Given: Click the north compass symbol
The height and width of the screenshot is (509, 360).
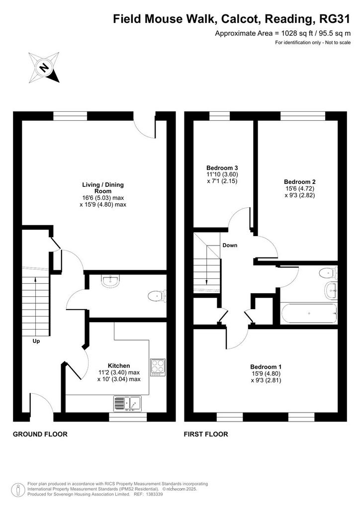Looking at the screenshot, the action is click(44, 67).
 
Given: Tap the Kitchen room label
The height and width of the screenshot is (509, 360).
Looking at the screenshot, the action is click(119, 366).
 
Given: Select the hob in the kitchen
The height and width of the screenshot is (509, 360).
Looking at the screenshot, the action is click(158, 367).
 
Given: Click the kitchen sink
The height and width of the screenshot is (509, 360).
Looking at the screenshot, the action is click(128, 404).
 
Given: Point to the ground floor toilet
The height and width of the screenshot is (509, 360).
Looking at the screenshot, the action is click(157, 296).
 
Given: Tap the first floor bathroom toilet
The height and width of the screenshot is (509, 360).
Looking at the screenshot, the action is click(328, 273).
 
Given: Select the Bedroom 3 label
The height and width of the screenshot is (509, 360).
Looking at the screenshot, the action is click(222, 168).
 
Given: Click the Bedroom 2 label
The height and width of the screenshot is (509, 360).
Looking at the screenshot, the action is click(300, 182).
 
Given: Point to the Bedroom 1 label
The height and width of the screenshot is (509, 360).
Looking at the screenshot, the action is click(266, 367).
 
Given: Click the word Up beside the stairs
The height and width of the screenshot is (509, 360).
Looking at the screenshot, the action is click(36, 341).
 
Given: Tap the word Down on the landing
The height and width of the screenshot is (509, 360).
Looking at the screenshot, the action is click(230, 245).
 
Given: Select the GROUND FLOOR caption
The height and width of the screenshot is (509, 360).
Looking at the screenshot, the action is click(40, 434).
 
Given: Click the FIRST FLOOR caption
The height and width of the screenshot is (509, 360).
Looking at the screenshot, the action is click(206, 434).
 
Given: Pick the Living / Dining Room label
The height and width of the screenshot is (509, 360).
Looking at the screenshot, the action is click(103, 188).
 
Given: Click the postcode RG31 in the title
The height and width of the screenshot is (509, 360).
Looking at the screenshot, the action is click(335, 19).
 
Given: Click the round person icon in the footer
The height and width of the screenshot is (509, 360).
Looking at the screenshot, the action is click(18, 490).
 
